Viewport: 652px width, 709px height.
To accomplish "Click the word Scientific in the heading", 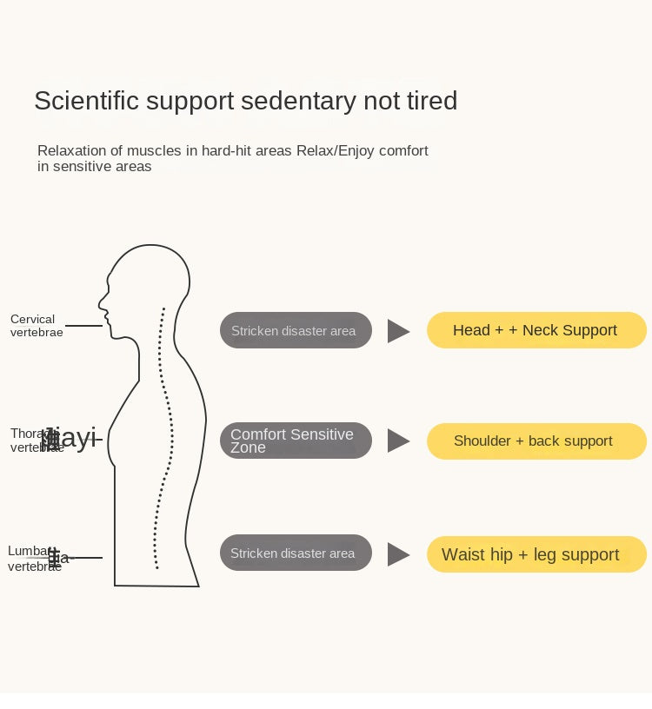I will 86,101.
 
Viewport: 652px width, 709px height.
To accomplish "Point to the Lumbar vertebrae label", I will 33,559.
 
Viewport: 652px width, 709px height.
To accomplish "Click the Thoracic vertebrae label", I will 35,441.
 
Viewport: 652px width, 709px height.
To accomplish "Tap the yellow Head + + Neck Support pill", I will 536,330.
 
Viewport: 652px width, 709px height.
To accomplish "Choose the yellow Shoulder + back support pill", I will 536,441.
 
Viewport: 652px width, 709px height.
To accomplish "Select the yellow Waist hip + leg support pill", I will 536,554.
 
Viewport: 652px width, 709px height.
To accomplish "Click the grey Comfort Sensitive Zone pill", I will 295,441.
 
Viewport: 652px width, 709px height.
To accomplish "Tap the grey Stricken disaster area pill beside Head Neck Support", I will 295,331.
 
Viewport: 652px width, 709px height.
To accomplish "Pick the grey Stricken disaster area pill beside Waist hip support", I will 295,553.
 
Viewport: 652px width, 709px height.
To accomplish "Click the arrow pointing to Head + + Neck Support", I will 397,331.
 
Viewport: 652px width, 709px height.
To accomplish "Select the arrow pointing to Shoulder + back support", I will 397,441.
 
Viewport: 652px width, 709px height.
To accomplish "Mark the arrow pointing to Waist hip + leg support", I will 397,554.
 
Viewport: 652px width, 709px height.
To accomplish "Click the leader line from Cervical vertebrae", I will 84,326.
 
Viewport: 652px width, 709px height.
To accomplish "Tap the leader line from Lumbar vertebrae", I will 87,558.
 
